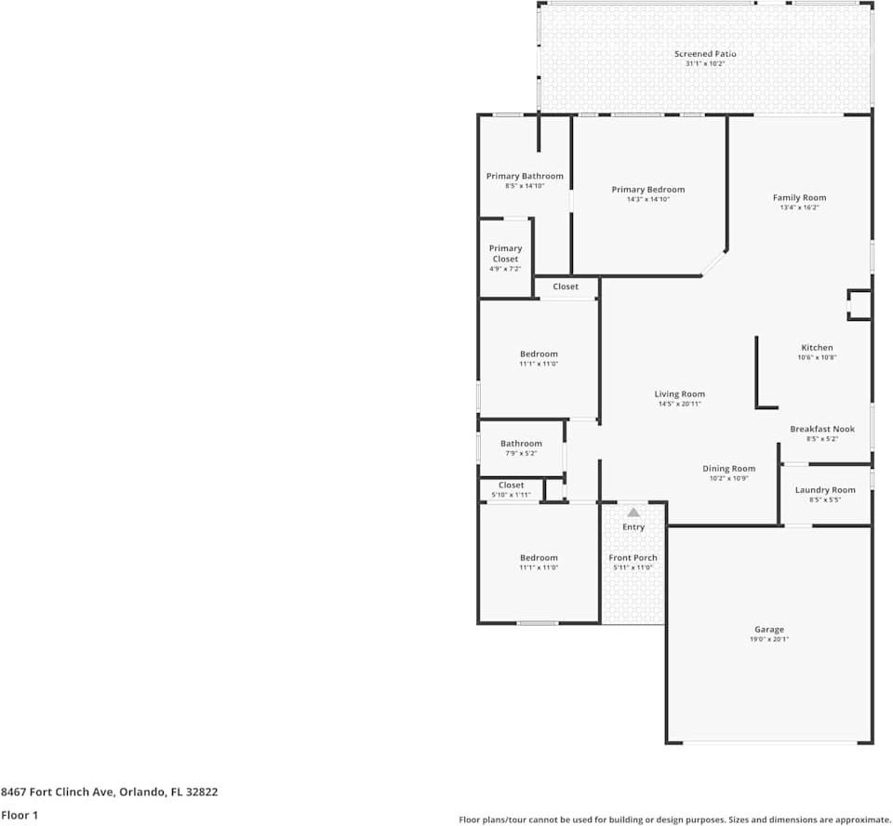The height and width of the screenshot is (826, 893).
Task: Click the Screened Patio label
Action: point(705,54)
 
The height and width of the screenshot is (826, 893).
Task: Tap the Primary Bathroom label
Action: point(525,176)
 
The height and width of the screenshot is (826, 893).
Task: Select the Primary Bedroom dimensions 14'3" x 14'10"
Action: point(648,199)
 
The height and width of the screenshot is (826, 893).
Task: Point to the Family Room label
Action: point(799,198)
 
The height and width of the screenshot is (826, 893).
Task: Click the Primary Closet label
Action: point(505,254)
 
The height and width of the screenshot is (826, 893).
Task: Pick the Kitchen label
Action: point(817,348)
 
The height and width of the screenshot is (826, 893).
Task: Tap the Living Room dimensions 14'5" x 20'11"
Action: point(679,404)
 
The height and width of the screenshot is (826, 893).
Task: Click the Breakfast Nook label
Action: point(821,429)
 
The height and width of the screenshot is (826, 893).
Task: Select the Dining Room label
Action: point(728,468)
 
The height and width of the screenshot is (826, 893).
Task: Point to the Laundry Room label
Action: point(825,490)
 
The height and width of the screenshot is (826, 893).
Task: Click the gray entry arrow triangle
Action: point(633,513)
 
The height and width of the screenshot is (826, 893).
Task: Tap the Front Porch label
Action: point(633,558)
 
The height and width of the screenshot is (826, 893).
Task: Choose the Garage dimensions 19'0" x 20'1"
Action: point(769,639)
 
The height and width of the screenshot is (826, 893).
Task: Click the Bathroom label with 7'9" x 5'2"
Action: point(521,443)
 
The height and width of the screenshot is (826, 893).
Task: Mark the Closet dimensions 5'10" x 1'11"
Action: point(511,495)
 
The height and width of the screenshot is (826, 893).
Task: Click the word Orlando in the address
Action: point(142,792)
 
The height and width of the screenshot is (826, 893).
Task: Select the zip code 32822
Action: point(202,792)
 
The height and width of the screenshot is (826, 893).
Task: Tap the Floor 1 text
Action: point(20,815)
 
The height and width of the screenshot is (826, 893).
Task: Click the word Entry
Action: point(633,527)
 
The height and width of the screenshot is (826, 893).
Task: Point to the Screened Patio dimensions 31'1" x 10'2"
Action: point(705,64)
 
